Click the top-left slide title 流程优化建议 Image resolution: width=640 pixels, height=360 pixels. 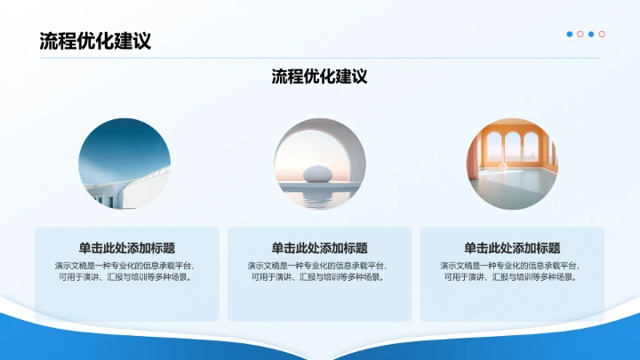(94, 41)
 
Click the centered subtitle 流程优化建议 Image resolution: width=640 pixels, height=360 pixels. (319, 76)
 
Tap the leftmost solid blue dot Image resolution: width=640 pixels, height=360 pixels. (570, 34)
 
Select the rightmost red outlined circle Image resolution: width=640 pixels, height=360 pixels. (602, 34)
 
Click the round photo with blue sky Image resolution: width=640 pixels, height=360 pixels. (127, 163)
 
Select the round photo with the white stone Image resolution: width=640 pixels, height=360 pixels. (319, 163)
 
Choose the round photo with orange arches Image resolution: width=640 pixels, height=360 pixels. (512, 163)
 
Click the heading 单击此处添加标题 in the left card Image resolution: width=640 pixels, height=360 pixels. (127, 248)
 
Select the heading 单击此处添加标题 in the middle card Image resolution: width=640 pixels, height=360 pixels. (319, 248)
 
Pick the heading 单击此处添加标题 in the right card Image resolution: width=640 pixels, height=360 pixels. (512, 248)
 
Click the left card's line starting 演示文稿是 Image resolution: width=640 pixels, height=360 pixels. (127, 265)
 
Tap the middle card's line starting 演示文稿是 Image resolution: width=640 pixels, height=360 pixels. (319, 265)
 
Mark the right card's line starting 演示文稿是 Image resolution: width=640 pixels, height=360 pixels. (512, 265)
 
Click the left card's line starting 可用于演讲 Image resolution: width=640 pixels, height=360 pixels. (127, 277)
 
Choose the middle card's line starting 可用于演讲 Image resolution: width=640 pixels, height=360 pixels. (319, 277)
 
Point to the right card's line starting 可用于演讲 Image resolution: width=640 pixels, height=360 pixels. (512, 277)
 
